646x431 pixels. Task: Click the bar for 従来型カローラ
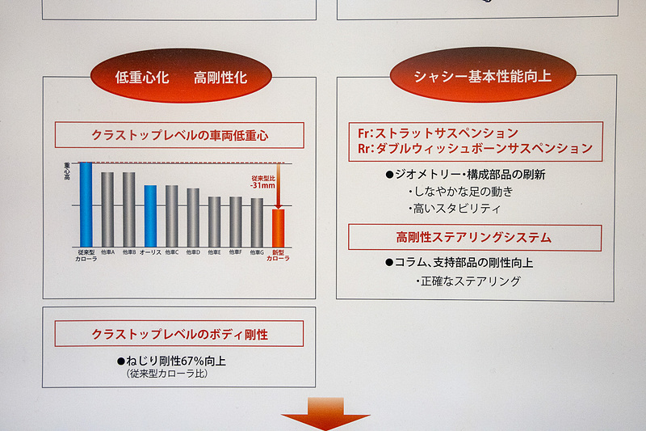tap(86, 205)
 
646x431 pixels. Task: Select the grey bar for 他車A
tap(107, 209)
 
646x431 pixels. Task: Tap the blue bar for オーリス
tap(150, 216)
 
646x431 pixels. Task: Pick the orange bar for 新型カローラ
tap(278, 228)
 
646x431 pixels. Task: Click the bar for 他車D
tap(193, 218)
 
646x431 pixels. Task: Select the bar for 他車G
tap(257, 222)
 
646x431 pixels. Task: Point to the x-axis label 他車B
tap(129, 252)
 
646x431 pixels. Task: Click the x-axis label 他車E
tap(214, 252)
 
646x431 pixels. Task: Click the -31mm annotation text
tap(263, 184)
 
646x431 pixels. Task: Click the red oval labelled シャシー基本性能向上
tap(483, 75)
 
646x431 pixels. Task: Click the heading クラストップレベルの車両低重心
tap(179, 135)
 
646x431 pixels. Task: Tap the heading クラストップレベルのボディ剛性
tap(179, 334)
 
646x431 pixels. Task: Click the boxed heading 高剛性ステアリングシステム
tap(474, 238)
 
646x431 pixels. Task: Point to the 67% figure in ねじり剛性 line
tap(187, 361)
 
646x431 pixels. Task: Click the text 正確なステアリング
tap(468, 281)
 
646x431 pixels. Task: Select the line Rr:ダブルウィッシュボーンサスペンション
tap(475, 149)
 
